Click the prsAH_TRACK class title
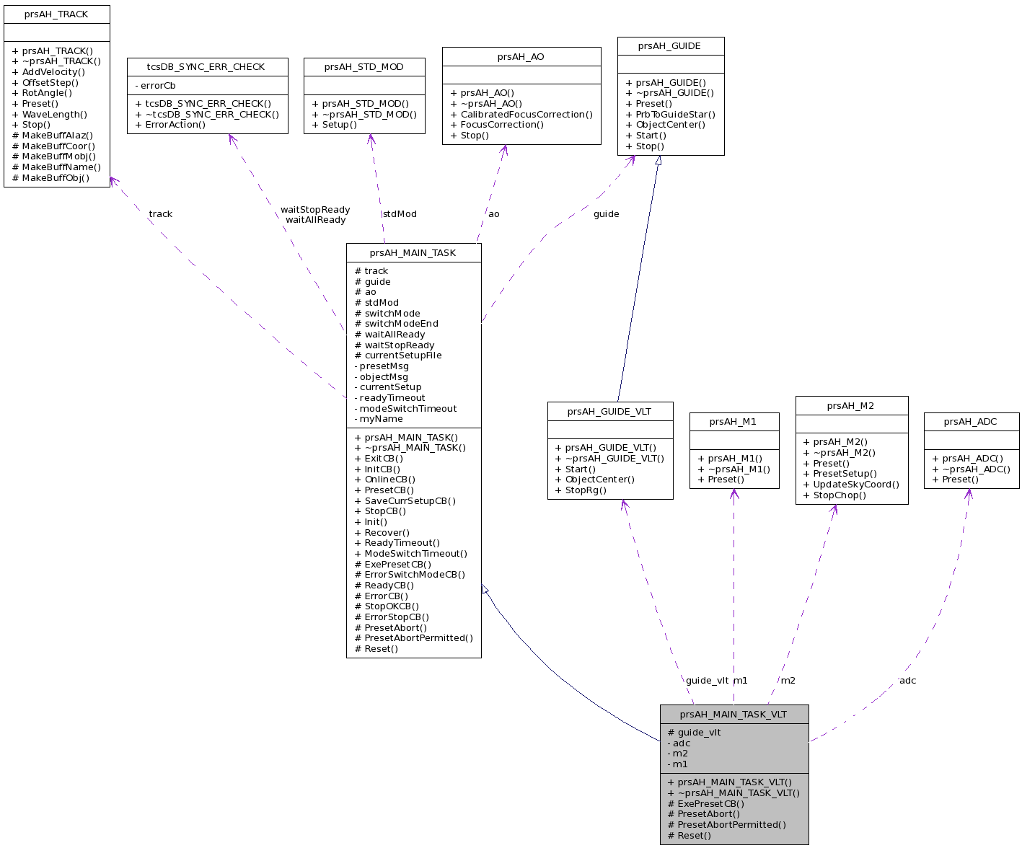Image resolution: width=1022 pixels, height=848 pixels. (x=56, y=14)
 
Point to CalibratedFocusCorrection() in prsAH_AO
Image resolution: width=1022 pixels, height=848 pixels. (x=521, y=114)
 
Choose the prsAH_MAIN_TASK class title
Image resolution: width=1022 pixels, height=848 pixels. (x=413, y=253)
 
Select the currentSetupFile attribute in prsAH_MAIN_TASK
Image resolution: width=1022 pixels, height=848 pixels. (x=398, y=355)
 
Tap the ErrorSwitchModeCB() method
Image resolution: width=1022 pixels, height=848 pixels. (x=410, y=575)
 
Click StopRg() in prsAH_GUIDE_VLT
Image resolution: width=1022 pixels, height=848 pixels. (x=581, y=490)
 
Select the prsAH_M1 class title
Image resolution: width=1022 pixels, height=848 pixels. (x=733, y=422)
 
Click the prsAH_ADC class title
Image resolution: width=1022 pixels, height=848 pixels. (x=970, y=422)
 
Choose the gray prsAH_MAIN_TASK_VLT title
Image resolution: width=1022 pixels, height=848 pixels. (x=733, y=715)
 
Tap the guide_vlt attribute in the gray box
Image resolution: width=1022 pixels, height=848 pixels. (x=694, y=733)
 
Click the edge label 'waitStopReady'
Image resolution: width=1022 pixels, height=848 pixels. (x=315, y=210)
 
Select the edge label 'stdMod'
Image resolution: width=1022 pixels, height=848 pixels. (x=400, y=214)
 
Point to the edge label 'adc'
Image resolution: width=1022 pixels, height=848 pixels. (x=907, y=681)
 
